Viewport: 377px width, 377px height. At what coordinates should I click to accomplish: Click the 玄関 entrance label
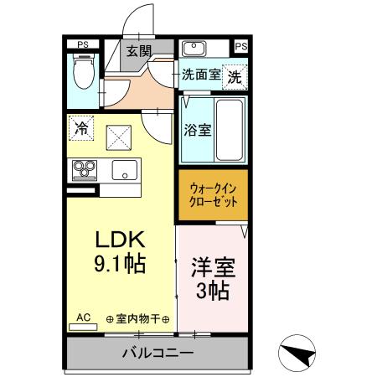click(138, 50)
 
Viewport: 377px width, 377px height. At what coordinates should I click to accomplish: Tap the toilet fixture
click(82, 71)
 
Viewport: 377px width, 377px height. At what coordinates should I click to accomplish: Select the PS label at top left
click(82, 44)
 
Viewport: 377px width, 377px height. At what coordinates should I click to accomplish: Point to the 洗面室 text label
click(201, 75)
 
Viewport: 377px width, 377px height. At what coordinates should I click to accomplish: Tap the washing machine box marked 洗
click(235, 75)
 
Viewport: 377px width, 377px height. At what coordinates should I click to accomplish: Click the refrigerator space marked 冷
click(82, 129)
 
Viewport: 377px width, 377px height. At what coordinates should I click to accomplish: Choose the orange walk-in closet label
click(214, 196)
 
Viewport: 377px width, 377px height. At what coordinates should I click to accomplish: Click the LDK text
click(118, 239)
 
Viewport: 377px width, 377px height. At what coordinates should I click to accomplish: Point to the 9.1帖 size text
click(118, 265)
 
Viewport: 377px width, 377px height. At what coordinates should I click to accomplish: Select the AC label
click(84, 318)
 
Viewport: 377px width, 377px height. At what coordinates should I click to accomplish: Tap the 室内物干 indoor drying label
click(138, 319)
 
